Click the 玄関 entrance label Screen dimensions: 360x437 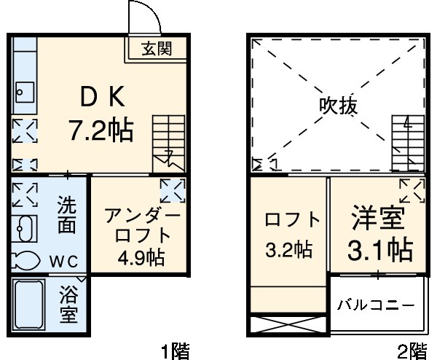pos(157,49)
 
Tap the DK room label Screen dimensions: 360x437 pos(103,97)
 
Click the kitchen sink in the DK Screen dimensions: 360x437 pos(23,91)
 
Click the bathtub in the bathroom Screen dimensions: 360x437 pos(32,306)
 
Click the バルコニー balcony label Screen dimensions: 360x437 pos(375,304)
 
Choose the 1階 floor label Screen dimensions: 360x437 pos(175,351)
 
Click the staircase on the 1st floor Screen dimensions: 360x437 pos(168,142)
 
